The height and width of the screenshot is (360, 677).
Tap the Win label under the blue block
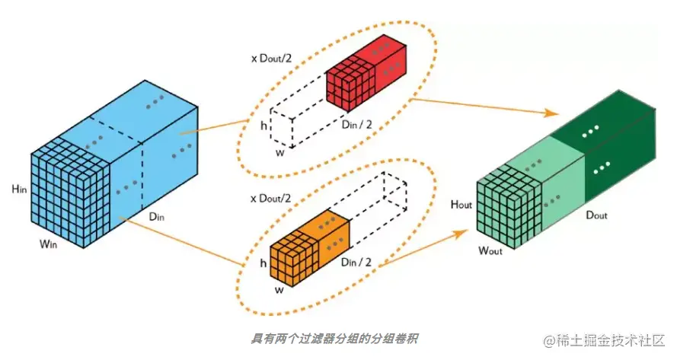47,245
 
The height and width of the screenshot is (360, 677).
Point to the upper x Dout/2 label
271,59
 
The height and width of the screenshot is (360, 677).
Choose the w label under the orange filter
279,289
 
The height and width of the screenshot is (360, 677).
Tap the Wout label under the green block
493,250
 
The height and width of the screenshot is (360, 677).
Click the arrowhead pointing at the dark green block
551,113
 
